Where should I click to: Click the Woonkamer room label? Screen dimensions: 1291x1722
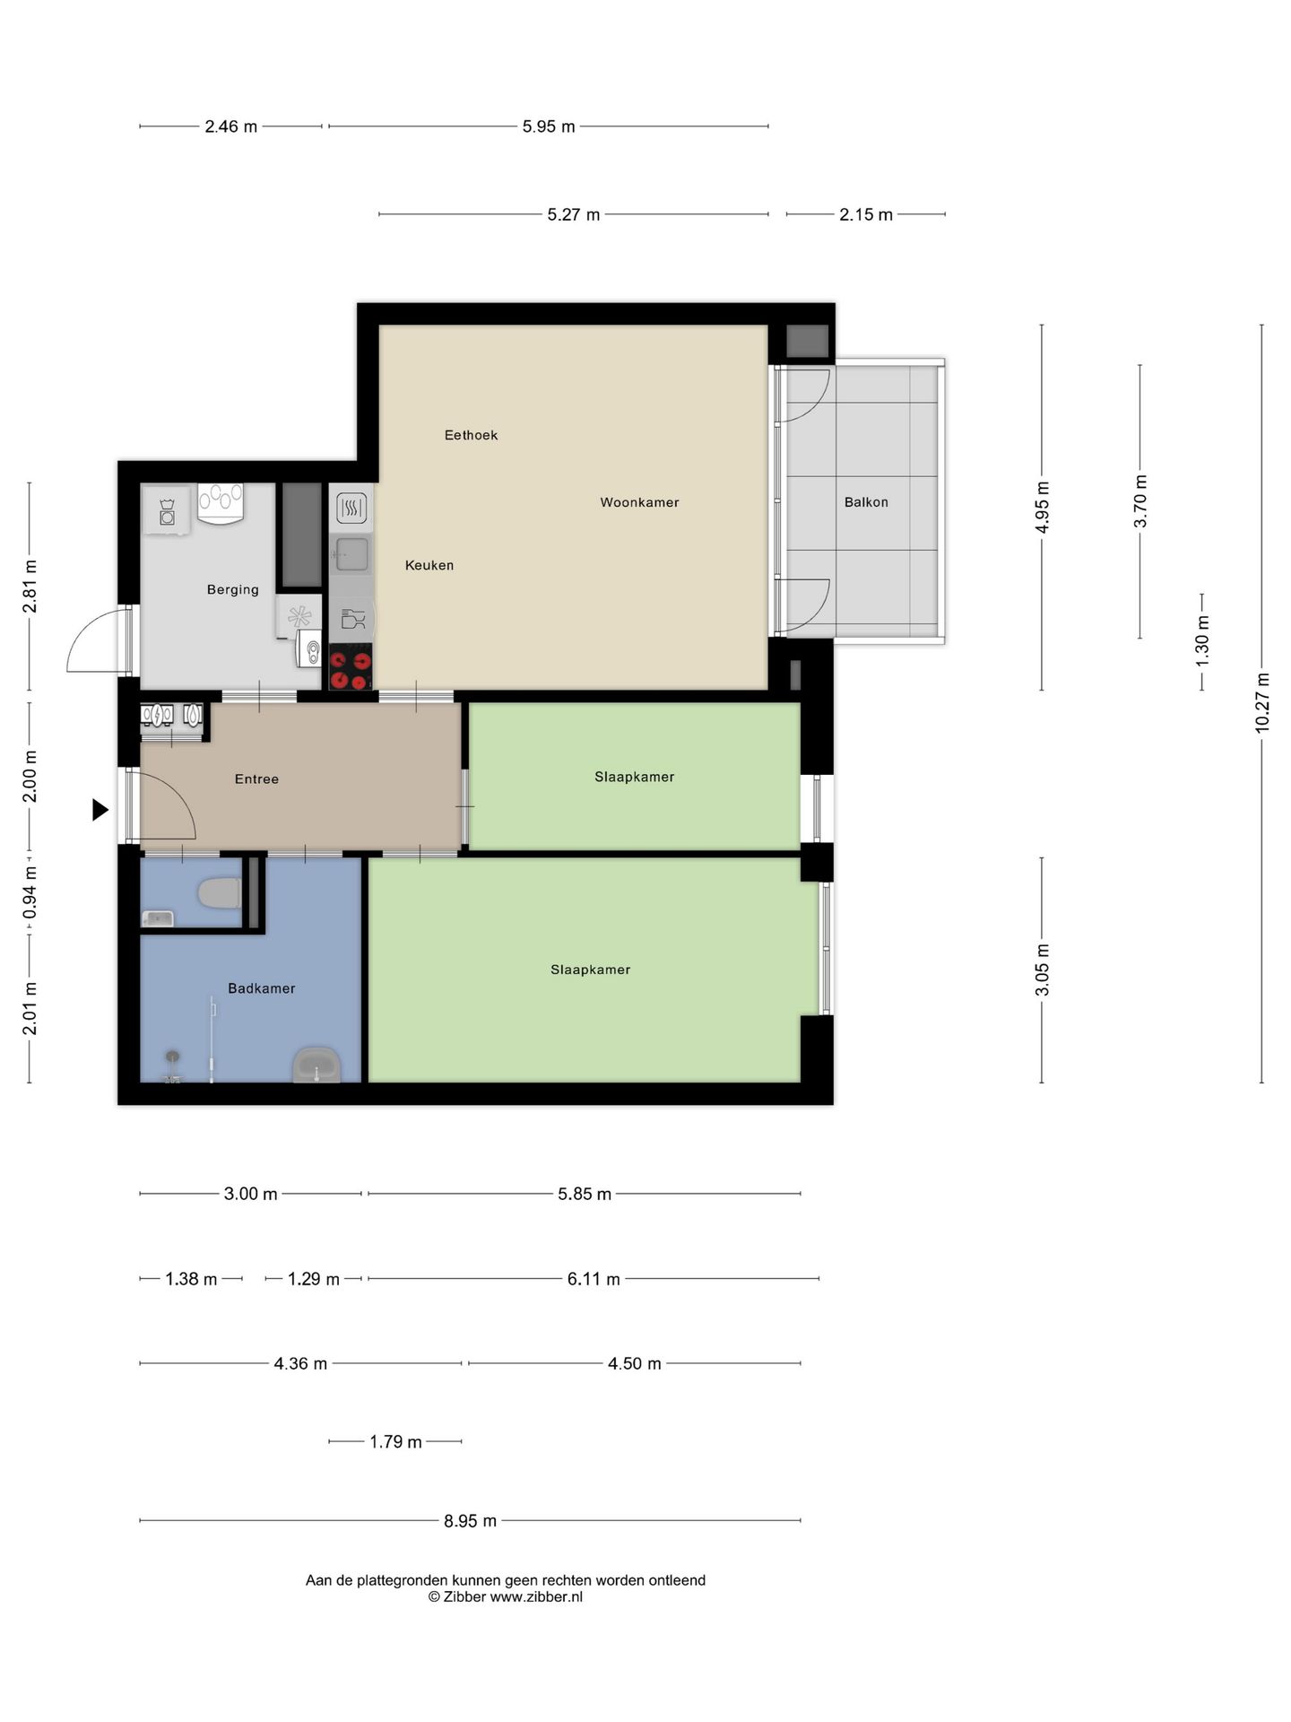coord(639,502)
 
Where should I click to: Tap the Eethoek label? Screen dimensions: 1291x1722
coord(471,435)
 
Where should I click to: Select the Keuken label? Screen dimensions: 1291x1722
coord(429,565)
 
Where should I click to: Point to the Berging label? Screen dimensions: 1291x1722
coord(233,589)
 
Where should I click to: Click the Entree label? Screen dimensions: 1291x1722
coord(256,778)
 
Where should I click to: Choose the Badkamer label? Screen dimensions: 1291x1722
coord(261,988)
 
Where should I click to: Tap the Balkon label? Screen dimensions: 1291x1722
coord(866,502)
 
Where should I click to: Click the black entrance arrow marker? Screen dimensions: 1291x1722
coord(100,810)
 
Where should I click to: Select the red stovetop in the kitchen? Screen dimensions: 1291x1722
coord(351,666)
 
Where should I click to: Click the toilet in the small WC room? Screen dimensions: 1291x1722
coord(219,894)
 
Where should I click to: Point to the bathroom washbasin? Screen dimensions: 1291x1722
coord(316,1065)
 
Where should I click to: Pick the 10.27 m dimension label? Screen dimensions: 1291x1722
coord(1262,702)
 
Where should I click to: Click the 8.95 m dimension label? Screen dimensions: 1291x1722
coord(470,1520)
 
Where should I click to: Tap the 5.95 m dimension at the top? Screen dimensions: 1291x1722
coord(549,126)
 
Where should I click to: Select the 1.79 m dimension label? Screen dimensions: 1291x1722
coord(395,1441)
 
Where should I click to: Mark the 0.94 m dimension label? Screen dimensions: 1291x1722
coord(30,891)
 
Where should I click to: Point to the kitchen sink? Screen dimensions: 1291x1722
coord(351,553)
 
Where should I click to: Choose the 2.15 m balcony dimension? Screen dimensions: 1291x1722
coord(866,214)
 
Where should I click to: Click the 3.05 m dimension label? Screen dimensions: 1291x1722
coord(1042,970)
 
